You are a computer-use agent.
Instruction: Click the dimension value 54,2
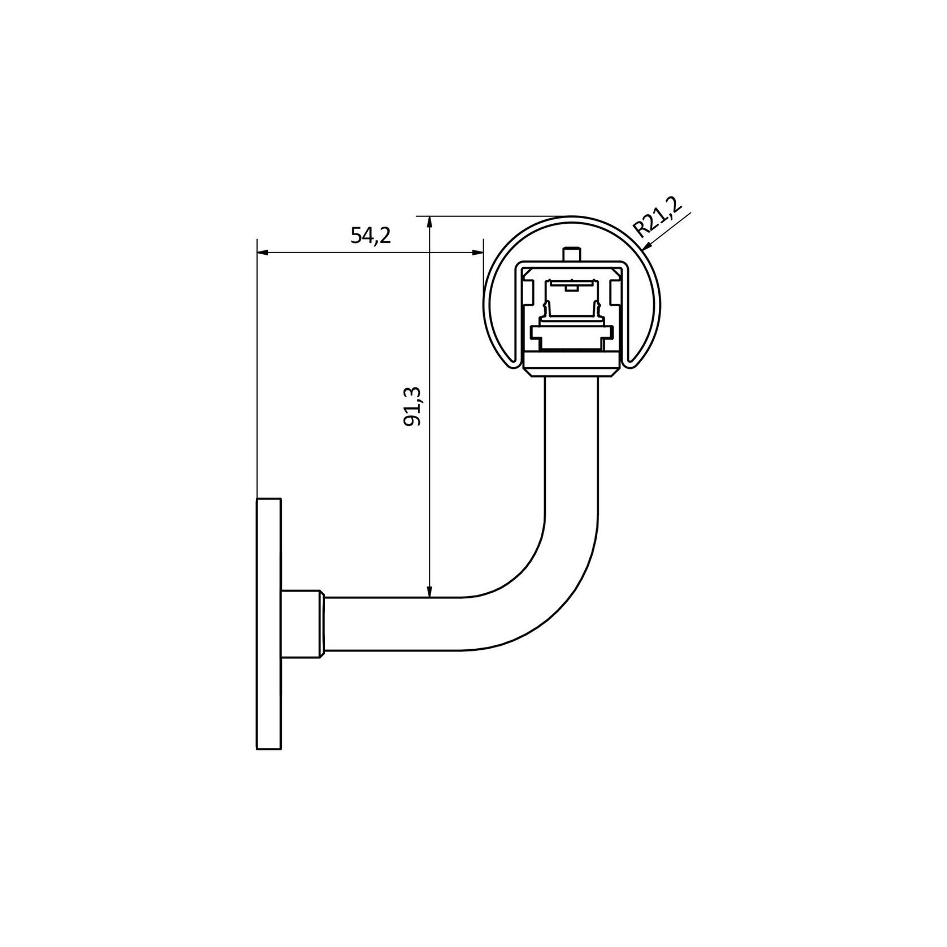click(x=371, y=236)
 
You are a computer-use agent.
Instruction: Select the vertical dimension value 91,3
click(x=416, y=407)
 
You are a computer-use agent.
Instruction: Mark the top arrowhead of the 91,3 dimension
click(x=430, y=220)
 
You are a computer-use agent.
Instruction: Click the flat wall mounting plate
click(x=269, y=624)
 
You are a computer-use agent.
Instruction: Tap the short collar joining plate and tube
click(x=302, y=624)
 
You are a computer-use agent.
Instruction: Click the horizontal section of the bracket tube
click(x=396, y=624)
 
